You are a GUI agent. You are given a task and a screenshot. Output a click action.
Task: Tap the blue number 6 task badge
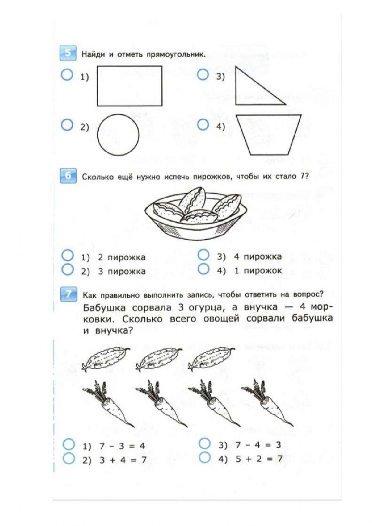click(68, 176)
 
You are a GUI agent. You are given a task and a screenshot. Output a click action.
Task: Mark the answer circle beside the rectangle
click(67, 76)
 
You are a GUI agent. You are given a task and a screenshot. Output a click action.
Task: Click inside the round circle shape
click(118, 134)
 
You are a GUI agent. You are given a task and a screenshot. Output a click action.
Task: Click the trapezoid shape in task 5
click(268, 134)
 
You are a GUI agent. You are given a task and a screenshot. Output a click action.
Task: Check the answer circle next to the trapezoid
click(203, 125)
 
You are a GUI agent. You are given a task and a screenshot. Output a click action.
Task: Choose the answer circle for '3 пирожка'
click(67, 270)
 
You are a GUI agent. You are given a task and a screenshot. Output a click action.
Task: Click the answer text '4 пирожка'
click(257, 257)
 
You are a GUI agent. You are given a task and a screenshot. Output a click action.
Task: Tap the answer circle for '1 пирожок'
click(203, 269)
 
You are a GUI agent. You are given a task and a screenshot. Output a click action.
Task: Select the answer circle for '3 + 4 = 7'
click(69, 458)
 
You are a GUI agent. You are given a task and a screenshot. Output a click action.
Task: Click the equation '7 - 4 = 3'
click(258, 445)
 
